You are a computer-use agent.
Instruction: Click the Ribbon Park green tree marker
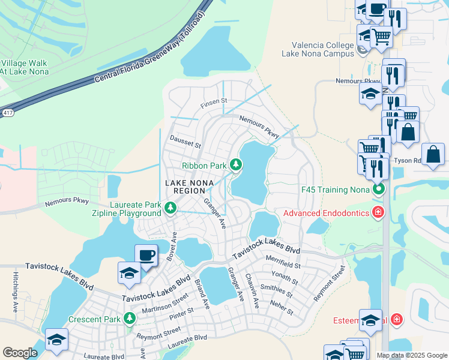coord(236,164)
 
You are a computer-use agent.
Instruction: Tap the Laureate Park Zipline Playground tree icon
coord(171,208)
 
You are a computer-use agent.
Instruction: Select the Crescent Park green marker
coord(129,319)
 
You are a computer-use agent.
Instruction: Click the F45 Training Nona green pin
coord(378,190)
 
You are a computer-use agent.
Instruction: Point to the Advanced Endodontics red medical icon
coord(378,212)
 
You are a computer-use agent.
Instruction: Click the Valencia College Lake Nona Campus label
coord(318,49)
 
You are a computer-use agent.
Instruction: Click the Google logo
coord(20,352)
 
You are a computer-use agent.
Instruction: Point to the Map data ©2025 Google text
coord(411,355)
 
